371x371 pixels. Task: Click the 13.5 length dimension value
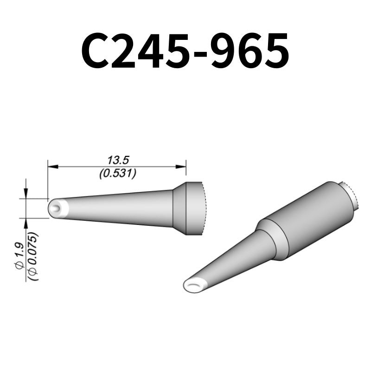click(x=118, y=160)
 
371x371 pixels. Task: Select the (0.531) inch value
click(x=118, y=174)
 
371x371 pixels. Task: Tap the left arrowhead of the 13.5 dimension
click(x=51, y=166)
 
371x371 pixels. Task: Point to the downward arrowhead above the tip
click(x=26, y=194)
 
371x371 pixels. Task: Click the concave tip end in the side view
click(x=56, y=208)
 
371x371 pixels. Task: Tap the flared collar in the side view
click(x=179, y=208)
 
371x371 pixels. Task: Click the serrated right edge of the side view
click(x=203, y=208)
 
